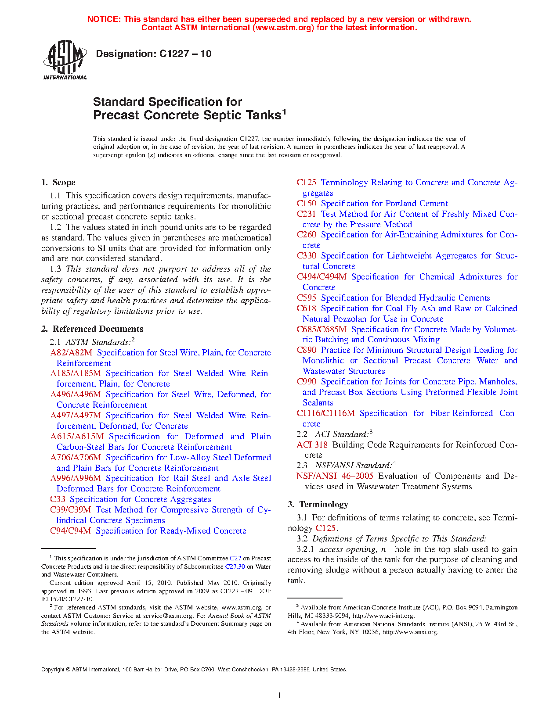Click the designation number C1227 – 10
[185, 54]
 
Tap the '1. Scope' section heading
[58, 183]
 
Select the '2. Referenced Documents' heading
[92, 329]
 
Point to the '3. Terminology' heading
[318, 505]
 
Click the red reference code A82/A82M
[71, 353]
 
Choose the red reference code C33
[58, 499]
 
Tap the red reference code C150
[306, 204]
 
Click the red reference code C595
[306, 298]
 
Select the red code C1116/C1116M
[325, 413]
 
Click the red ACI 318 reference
[312, 445]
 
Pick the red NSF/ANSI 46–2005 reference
[335, 476]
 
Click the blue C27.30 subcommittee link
[235, 566]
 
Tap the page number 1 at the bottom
[279, 695]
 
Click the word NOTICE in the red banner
[104, 19]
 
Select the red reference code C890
[306, 350]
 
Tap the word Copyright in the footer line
[52, 670]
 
